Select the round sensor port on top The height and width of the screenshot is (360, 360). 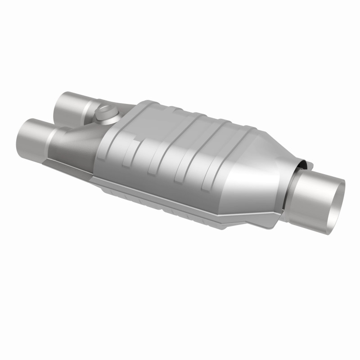106,112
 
